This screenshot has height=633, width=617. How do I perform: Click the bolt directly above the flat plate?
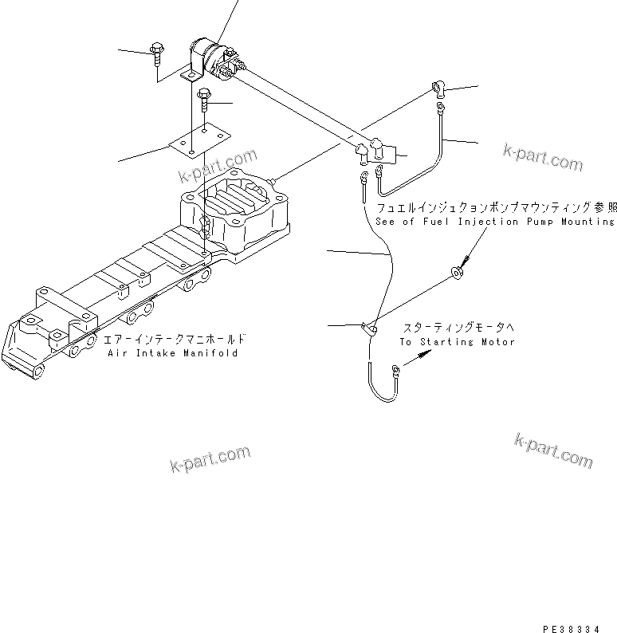pos(205,98)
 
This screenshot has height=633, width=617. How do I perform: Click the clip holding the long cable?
pos(368,326)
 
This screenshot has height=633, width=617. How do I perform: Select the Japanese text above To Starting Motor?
pos(458,328)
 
